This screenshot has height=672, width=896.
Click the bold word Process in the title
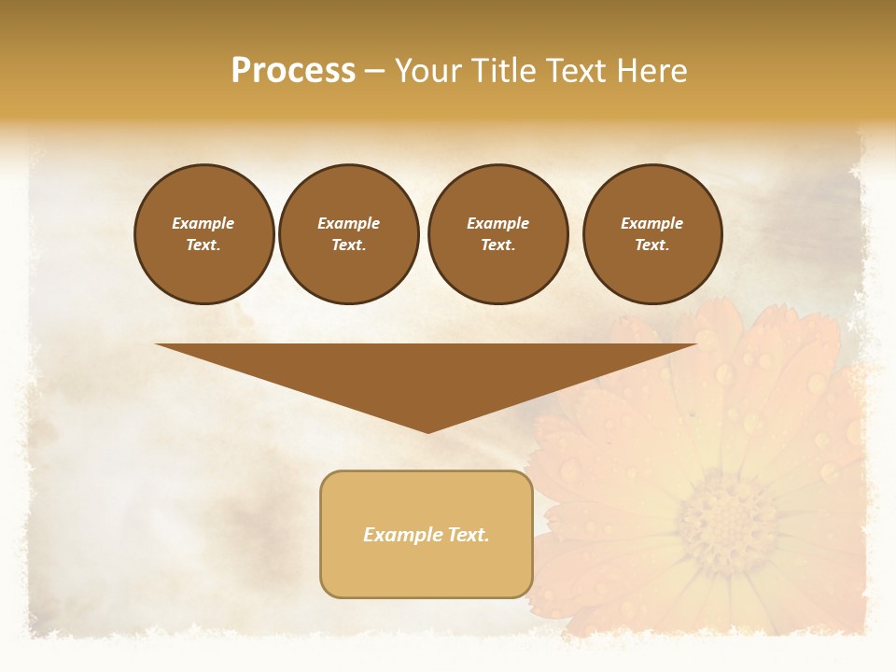pos(293,71)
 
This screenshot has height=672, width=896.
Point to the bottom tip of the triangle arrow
pos(427,431)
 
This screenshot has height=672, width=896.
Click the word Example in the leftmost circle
pos(203,223)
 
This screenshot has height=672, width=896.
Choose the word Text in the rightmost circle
pos(651,245)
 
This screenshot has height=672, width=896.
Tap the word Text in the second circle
pos(348,245)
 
